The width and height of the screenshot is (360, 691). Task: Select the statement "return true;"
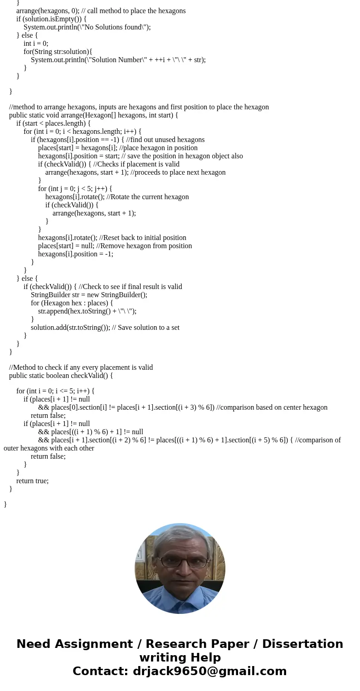(x=32, y=481)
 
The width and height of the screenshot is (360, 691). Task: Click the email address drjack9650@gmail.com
(x=209, y=671)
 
